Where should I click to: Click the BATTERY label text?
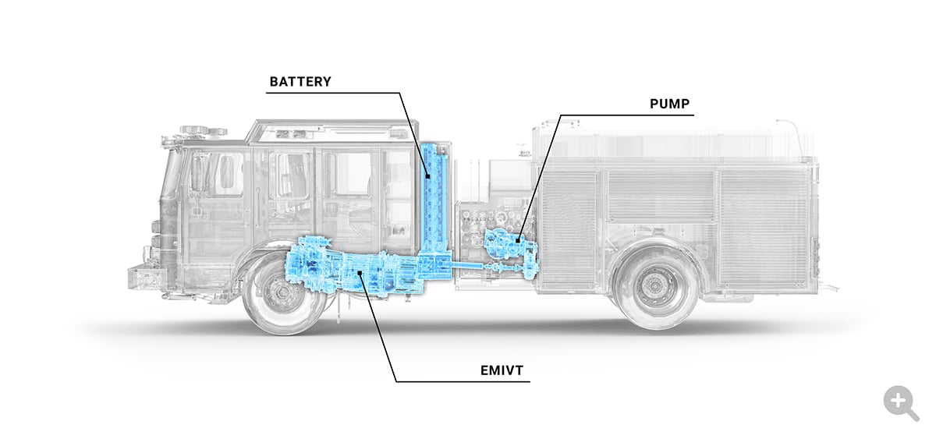[x=300, y=81]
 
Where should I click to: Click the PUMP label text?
[x=670, y=104]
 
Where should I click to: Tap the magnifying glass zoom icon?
[x=901, y=403]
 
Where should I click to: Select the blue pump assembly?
[x=505, y=246]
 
